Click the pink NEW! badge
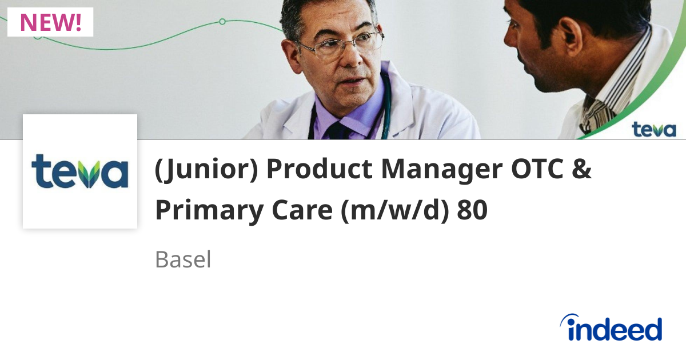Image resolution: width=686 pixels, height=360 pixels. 50,22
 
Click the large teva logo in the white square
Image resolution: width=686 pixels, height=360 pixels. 80,171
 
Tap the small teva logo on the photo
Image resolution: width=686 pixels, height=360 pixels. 653,129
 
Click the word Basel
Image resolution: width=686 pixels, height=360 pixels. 183,260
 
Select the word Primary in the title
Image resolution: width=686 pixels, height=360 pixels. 208,211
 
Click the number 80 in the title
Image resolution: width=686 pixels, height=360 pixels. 472,211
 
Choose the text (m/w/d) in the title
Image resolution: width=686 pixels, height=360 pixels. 394,211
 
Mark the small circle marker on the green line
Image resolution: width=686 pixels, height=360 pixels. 222,22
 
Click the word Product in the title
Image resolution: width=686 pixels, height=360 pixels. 318,170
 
